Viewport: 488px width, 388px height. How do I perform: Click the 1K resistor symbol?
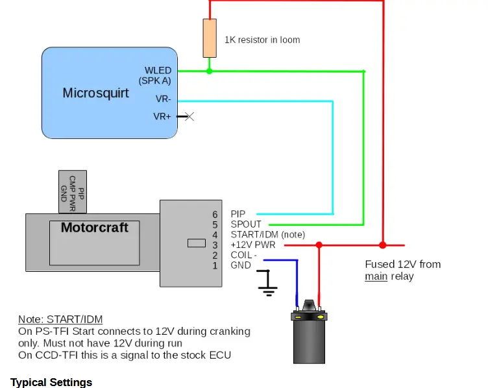[x=210, y=38]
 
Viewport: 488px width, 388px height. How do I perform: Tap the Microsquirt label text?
[x=95, y=93]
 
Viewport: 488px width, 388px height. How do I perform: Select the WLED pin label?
[x=158, y=70]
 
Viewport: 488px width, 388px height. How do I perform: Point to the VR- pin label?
[x=164, y=99]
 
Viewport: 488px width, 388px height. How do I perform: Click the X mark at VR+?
[x=189, y=117]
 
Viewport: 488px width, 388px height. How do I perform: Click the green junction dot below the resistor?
[x=210, y=71]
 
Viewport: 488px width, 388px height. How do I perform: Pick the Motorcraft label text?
[x=95, y=228]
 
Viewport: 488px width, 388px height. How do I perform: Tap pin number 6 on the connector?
[x=215, y=214]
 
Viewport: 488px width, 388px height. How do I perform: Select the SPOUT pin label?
[x=246, y=224]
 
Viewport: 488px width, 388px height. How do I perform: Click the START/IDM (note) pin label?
[x=267, y=235]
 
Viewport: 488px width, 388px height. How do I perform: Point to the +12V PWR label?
[x=253, y=245]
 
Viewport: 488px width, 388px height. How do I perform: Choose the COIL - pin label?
[x=244, y=255]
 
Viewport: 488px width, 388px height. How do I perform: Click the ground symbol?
[x=267, y=283]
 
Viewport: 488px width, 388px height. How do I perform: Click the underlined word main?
[x=376, y=276]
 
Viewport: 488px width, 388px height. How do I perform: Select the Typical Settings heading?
[x=51, y=382]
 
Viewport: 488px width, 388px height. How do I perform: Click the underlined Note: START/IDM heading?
[x=60, y=319]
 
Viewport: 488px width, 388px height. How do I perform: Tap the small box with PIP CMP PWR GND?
[x=73, y=191]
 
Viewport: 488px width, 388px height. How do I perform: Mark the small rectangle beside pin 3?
[x=197, y=243]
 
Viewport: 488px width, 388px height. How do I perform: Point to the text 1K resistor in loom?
[x=262, y=40]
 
